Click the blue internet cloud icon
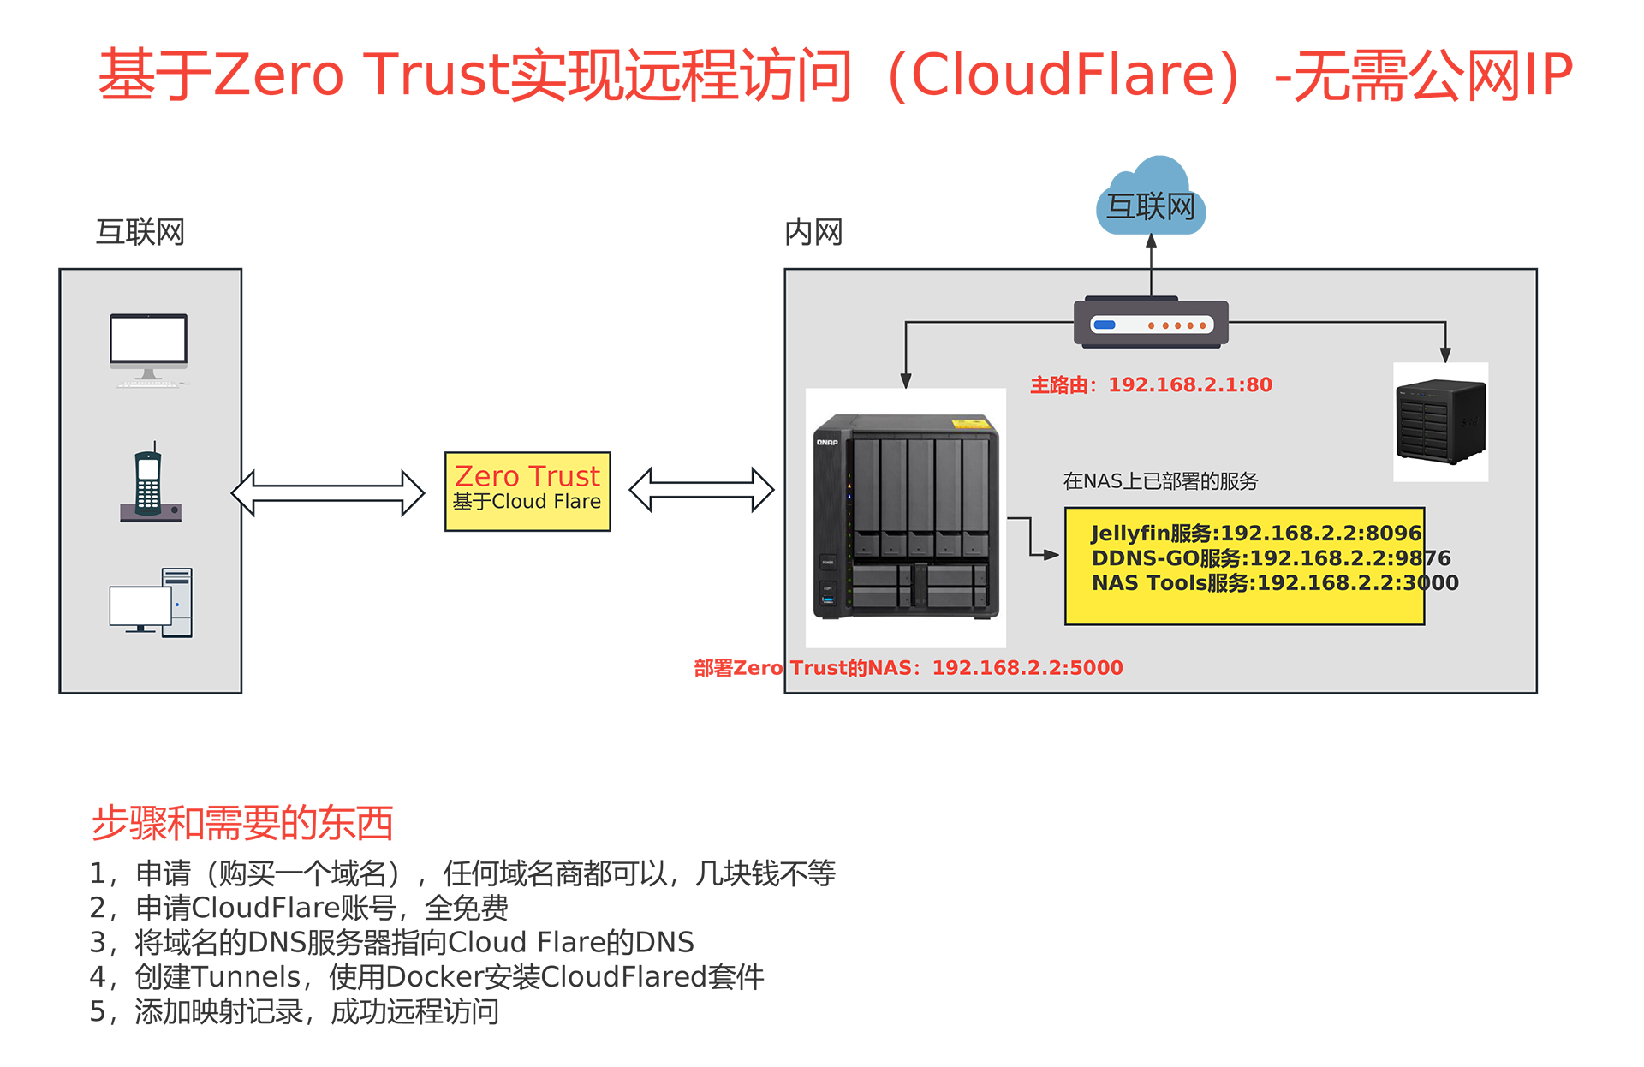tap(1151, 198)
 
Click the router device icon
tap(1151, 324)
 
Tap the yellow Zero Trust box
tap(527, 491)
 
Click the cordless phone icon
tap(150, 483)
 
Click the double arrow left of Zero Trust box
tap(328, 492)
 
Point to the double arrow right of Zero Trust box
tap(701, 490)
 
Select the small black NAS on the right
tap(1440, 421)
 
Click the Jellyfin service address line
tap(1256, 533)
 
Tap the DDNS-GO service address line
tap(1271, 558)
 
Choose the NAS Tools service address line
tap(1275, 583)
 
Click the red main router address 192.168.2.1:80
tap(1189, 385)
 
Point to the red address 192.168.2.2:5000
tap(1027, 668)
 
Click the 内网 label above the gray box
tap(813, 232)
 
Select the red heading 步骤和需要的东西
tap(242, 823)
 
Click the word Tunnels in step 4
tap(247, 977)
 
